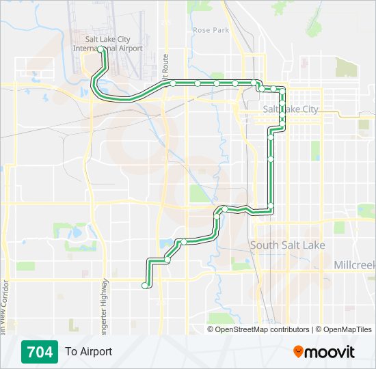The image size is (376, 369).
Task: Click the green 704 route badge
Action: pos(39,352)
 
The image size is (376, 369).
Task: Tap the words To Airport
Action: pos(88,352)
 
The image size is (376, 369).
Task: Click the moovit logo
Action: pos(324,352)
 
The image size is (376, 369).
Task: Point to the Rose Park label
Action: pos(211,30)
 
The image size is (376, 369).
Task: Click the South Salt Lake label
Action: pos(287,245)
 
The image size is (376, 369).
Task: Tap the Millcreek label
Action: pos(354,264)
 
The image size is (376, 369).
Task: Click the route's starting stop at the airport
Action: pos(101,49)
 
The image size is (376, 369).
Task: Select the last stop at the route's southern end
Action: pos(144,286)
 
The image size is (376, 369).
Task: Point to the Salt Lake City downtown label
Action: pos(291,109)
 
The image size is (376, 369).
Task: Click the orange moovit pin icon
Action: pos(299,352)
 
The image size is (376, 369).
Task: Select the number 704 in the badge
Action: pos(39,352)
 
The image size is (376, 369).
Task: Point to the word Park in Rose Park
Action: pos(220,30)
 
